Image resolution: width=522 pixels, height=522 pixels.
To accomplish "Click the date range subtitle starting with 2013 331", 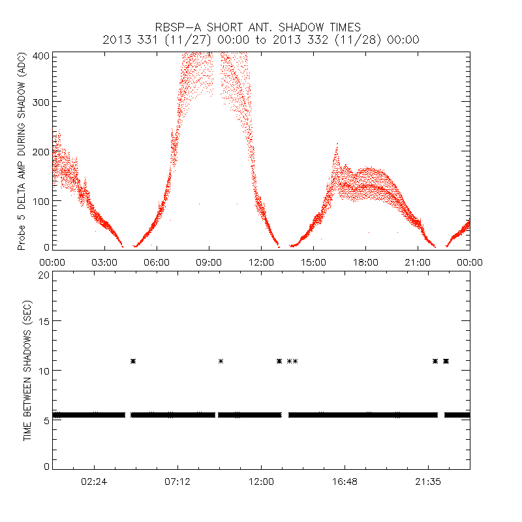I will point(261,39).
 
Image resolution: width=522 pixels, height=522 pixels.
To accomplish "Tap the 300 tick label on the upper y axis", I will point(40,102).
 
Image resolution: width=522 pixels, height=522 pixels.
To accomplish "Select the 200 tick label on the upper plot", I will point(40,151).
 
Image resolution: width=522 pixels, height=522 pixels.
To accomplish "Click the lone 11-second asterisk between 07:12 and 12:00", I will point(221,361).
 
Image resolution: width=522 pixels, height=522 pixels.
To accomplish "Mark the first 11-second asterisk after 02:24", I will point(133,361).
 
